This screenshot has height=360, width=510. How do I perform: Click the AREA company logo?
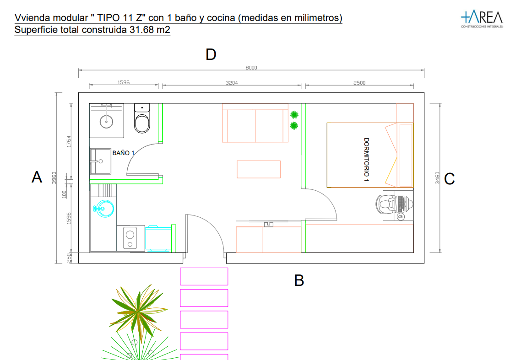(482, 18)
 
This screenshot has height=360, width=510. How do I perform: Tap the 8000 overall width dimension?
(251, 68)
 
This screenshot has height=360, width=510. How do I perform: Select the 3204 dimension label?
(232, 83)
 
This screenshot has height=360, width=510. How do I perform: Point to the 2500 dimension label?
(359, 83)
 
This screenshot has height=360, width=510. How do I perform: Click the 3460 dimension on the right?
(438, 178)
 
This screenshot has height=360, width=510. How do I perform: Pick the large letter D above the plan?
(211, 54)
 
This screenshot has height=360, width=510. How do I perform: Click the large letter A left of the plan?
(37, 177)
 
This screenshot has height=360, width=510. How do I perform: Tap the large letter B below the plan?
(299, 280)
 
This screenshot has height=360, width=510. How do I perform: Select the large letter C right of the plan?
(449, 179)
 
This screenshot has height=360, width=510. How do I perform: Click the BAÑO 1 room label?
(123, 153)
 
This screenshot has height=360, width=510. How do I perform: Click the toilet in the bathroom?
(142, 118)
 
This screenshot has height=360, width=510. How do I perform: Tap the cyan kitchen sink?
(104, 208)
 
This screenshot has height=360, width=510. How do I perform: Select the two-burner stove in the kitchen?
(130, 238)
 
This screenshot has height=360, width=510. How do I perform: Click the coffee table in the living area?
(259, 169)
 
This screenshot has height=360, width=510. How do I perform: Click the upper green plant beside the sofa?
(294, 114)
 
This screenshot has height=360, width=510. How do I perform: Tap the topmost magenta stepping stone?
(204, 276)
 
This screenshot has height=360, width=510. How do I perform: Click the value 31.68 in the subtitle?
(141, 30)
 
